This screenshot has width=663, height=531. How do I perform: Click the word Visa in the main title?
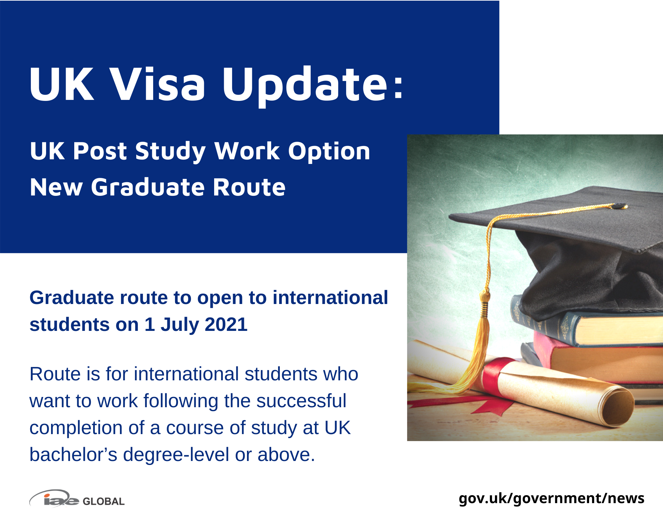[x=157, y=84]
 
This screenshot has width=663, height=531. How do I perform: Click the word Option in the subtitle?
[x=329, y=151]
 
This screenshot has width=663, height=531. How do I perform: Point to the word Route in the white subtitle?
[x=249, y=187]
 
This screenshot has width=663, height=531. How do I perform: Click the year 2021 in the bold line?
[x=226, y=324]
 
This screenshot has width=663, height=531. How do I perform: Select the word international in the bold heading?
[x=330, y=297]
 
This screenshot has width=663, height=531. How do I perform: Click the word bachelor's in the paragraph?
[x=73, y=454]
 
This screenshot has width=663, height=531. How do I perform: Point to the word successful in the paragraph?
[x=301, y=401]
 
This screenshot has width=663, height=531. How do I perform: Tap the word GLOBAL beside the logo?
[x=103, y=501]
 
